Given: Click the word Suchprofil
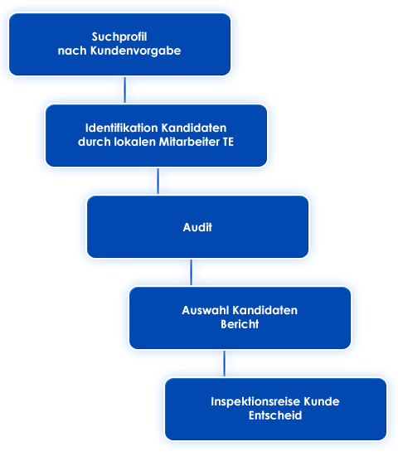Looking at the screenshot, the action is pos(119,37).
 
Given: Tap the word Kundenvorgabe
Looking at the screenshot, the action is pos(136,51).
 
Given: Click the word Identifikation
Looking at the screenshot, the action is pos(122,128).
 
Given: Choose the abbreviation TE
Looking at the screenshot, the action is pos(228,142).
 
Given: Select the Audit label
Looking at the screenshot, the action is pos(197,227).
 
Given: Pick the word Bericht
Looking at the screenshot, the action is pos(240,324).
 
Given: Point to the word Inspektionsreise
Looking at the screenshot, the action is pos(255,402).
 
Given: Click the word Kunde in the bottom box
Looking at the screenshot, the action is pos(322,401).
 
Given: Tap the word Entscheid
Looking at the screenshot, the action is pos(275,415).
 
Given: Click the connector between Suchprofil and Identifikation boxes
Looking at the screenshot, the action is pos(125,90).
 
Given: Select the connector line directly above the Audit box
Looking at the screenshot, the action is pos(158,181).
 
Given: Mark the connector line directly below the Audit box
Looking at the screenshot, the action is pos(192,272).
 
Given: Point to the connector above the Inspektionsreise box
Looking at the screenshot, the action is pos(225,363).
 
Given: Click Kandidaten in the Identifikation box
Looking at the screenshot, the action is pos(194,128).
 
